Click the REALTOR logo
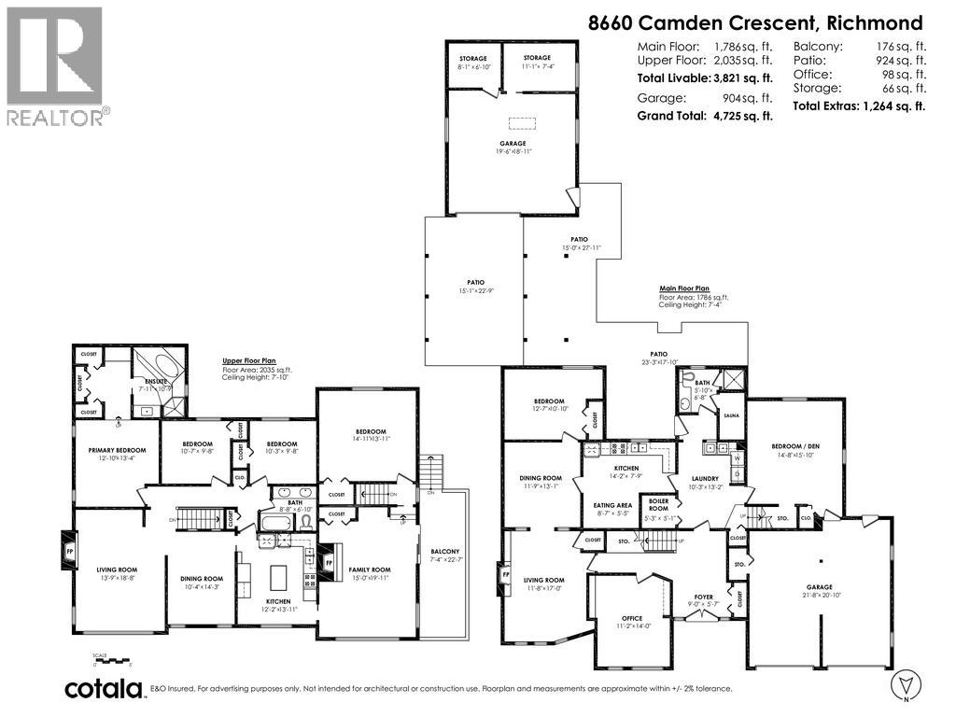(x=56, y=65)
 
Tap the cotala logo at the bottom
(x=104, y=689)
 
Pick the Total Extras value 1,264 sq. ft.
(x=893, y=105)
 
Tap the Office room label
(x=632, y=618)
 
